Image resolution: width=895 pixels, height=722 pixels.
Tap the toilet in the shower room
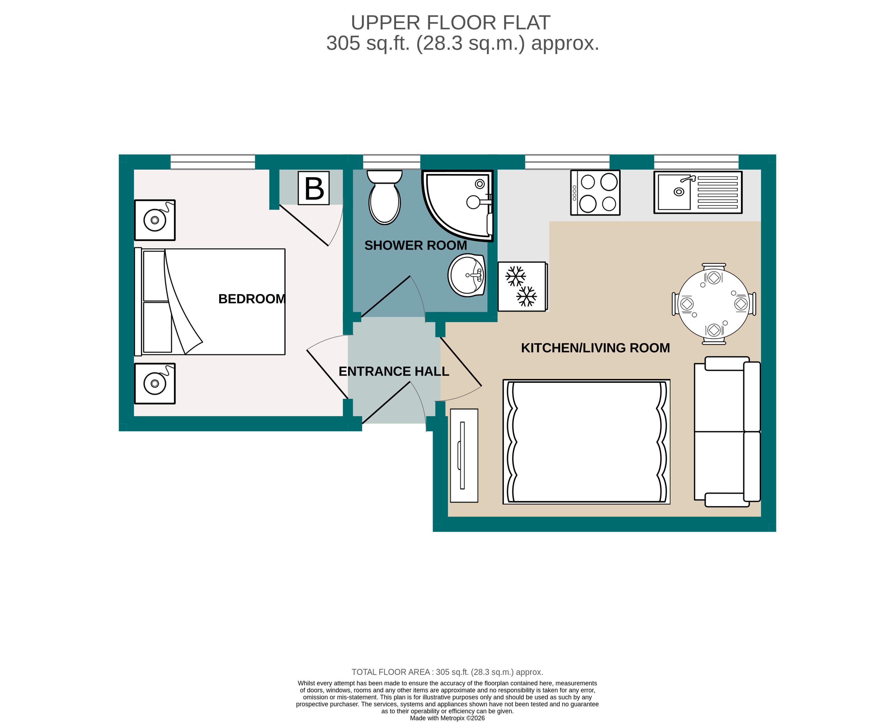pyautogui.click(x=384, y=199)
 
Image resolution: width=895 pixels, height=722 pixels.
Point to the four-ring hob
pyautogui.click(x=595, y=193)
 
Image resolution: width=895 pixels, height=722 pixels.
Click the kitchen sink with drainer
pyautogui.click(x=698, y=193)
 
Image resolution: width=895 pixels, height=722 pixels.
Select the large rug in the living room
pyautogui.click(x=586, y=442)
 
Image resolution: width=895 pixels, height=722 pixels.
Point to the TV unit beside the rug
pyautogui.click(x=464, y=455)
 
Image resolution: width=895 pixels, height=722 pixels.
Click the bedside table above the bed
pyautogui.click(x=155, y=220)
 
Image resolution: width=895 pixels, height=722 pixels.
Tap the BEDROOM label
pyautogui.click(x=252, y=299)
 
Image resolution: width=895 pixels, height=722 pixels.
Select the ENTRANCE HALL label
pyautogui.click(x=394, y=371)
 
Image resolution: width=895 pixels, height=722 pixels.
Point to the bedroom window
pyautogui.click(x=213, y=162)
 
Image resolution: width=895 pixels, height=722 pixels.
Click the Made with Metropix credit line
pyautogui.click(x=447, y=718)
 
